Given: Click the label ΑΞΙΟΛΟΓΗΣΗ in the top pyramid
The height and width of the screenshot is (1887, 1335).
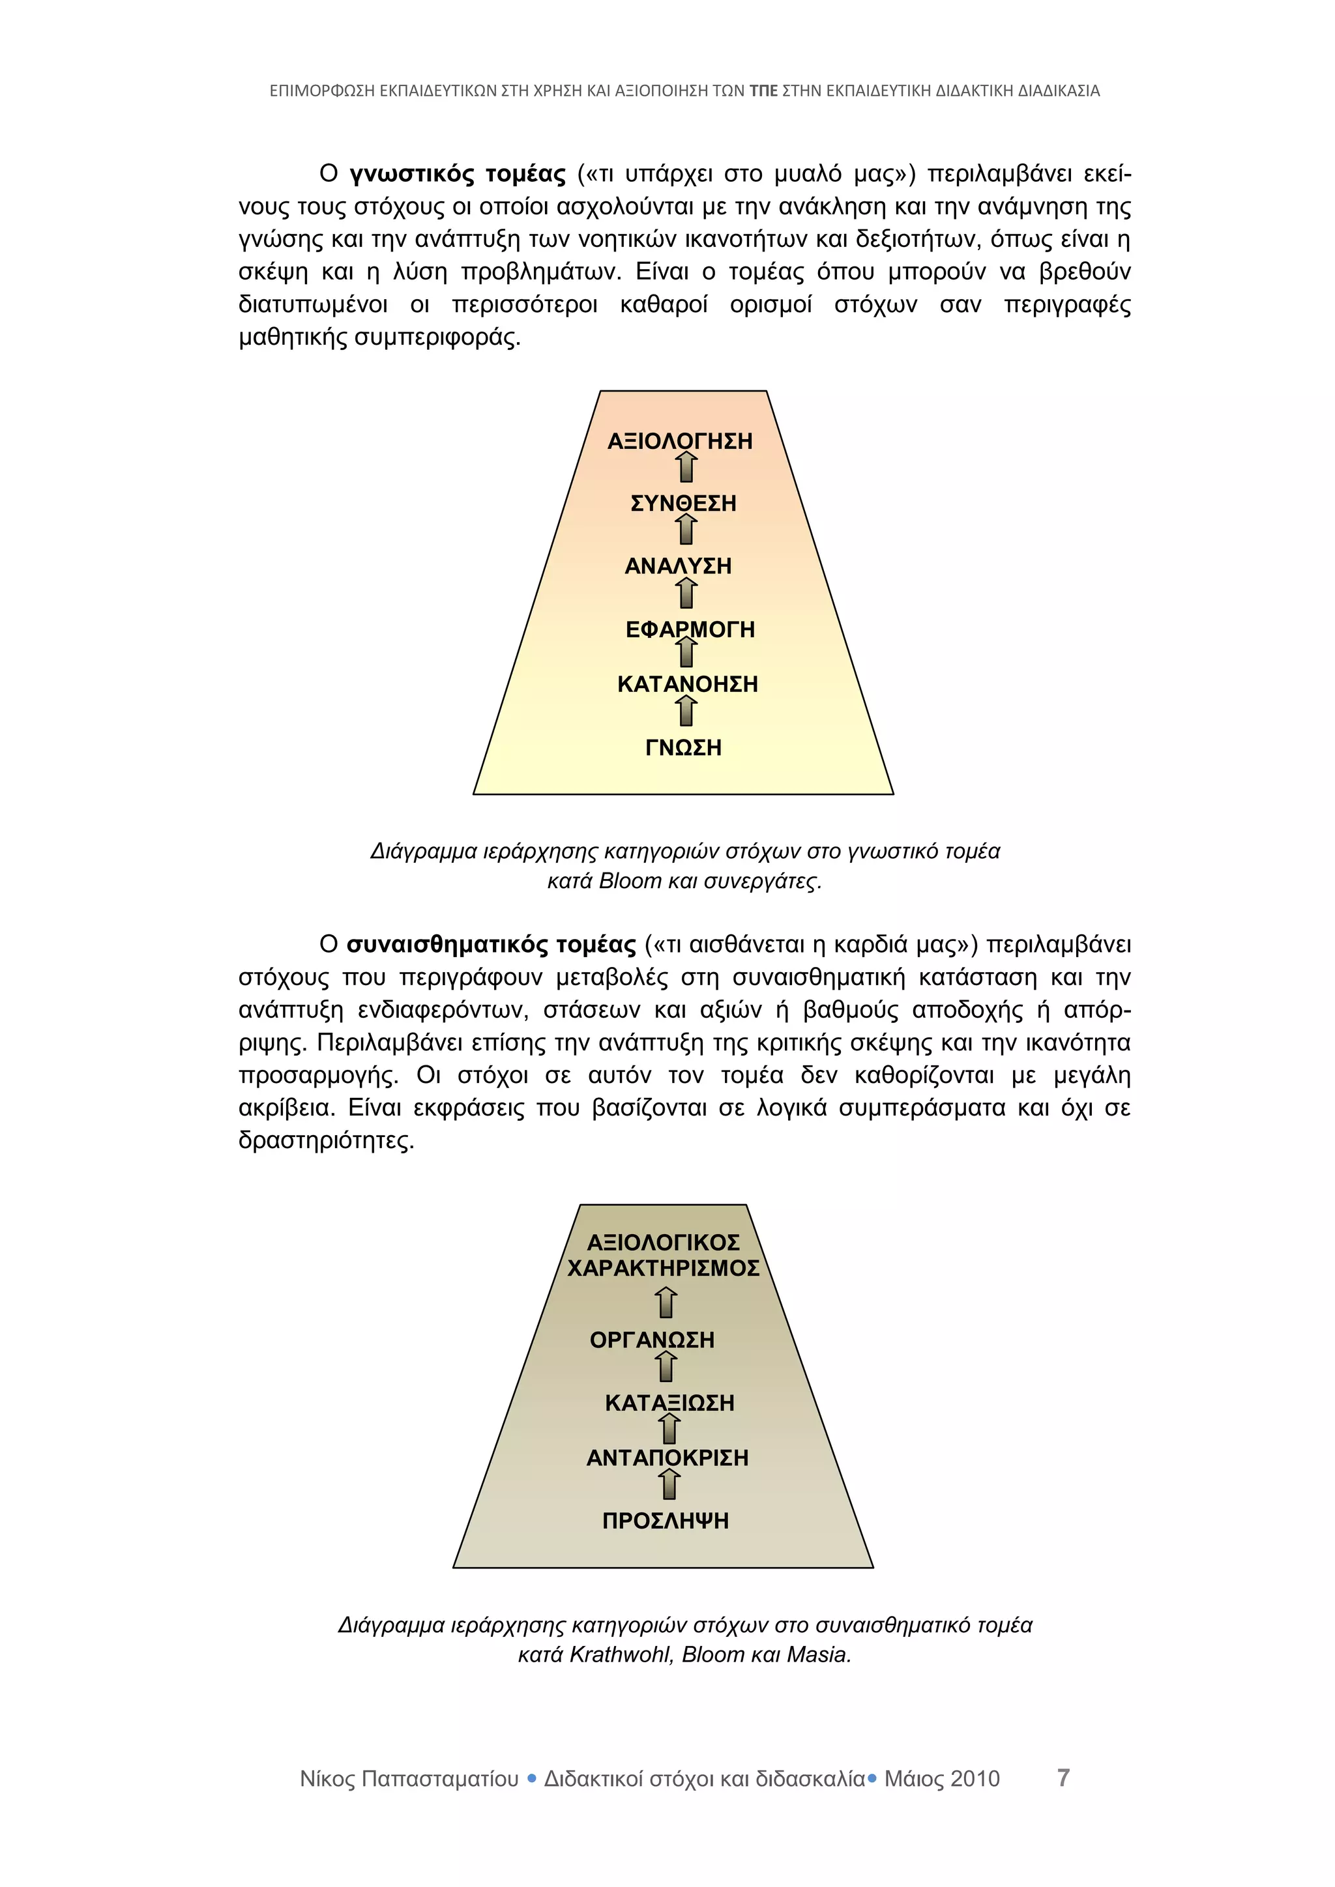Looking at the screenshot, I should (x=680, y=441).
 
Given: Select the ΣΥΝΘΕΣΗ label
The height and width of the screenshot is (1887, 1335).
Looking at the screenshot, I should (x=683, y=503).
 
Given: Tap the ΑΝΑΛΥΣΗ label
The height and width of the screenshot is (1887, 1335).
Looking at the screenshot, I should (x=678, y=566).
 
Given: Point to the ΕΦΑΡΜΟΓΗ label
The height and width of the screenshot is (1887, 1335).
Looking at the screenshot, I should (x=690, y=629).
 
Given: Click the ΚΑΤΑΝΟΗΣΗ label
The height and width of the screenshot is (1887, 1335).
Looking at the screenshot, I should (x=687, y=684).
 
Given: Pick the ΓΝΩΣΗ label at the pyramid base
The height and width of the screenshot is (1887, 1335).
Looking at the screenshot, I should (x=683, y=748).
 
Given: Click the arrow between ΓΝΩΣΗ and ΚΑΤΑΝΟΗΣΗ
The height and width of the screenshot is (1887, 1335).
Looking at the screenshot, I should (x=687, y=712).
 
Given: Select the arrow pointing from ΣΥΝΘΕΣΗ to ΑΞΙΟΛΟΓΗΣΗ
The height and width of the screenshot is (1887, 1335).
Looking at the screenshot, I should (x=687, y=468).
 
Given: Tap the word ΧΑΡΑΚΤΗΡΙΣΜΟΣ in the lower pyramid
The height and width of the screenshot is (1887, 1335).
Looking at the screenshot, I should (x=664, y=1268).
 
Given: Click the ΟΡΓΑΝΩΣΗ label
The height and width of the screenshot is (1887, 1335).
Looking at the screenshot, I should (x=652, y=1340).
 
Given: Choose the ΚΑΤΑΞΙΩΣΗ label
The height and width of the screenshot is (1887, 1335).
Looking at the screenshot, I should (x=669, y=1403).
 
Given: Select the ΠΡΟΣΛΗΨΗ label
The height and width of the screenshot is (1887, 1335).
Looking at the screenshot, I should (x=665, y=1520).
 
